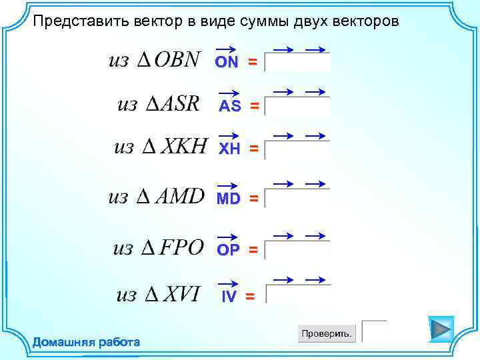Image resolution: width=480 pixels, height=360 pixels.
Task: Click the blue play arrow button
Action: (440, 329)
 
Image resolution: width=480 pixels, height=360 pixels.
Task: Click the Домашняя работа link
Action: (87, 343)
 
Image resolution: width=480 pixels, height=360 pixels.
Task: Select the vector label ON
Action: (227, 61)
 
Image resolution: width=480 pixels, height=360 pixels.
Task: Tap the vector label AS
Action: (230, 106)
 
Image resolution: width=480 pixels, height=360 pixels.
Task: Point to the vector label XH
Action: (230, 150)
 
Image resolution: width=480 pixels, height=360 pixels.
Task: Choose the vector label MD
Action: (228, 199)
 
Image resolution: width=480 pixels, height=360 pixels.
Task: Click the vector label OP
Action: (229, 249)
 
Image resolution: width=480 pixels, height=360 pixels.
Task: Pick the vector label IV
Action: (228, 297)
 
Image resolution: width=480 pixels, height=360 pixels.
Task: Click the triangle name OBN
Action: (177, 60)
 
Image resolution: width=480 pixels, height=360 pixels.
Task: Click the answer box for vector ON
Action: (297, 62)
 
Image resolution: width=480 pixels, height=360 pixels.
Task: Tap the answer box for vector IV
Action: (298, 295)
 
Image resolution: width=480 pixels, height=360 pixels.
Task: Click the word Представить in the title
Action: (75, 21)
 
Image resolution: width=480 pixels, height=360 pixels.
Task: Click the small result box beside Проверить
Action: (374, 331)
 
